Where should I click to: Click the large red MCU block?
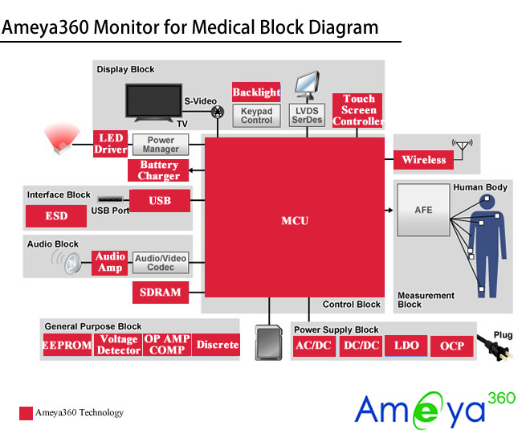pyautogui.click(x=295, y=219)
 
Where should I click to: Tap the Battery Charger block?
pyautogui.click(x=158, y=170)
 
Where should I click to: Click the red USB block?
pyautogui.click(x=160, y=200)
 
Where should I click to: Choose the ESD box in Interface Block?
pyautogui.click(x=56, y=215)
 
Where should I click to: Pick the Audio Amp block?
pyautogui.click(x=110, y=262)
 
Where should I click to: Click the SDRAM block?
pyautogui.click(x=160, y=292)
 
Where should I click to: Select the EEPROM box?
pyautogui.click(x=67, y=345)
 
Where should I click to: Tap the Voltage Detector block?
pyautogui.click(x=118, y=345)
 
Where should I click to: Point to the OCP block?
pyautogui.click(x=452, y=346)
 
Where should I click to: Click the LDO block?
pyautogui.click(x=406, y=346)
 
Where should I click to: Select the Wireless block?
pyautogui.click(x=423, y=160)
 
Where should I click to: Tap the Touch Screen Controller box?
pyautogui.click(x=358, y=111)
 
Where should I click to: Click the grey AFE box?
pyautogui.click(x=423, y=210)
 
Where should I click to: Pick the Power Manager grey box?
pyautogui.click(x=161, y=145)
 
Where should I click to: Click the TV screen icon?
pyautogui.click(x=153, y=103)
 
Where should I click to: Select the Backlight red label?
pyautogui.click(x=256, y=92)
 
